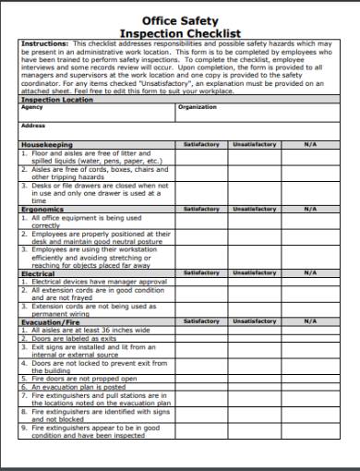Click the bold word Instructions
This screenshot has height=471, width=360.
click(43, 43)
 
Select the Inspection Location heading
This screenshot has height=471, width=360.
click(56, 99)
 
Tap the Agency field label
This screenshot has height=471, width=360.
click(31, 107)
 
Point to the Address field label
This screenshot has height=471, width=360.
click(33, 126)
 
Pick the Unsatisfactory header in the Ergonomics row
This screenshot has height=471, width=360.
click(253, 210)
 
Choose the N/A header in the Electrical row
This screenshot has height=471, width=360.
click(309, 273)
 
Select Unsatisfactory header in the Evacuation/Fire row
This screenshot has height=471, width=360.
click(253, 321)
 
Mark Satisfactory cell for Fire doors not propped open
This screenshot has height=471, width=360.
click(201, 379)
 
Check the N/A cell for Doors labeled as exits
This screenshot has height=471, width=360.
click(309, 337)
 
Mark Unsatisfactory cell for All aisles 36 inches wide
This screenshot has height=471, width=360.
click(253, 330)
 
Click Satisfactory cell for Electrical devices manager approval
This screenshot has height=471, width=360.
click(201, 281)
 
